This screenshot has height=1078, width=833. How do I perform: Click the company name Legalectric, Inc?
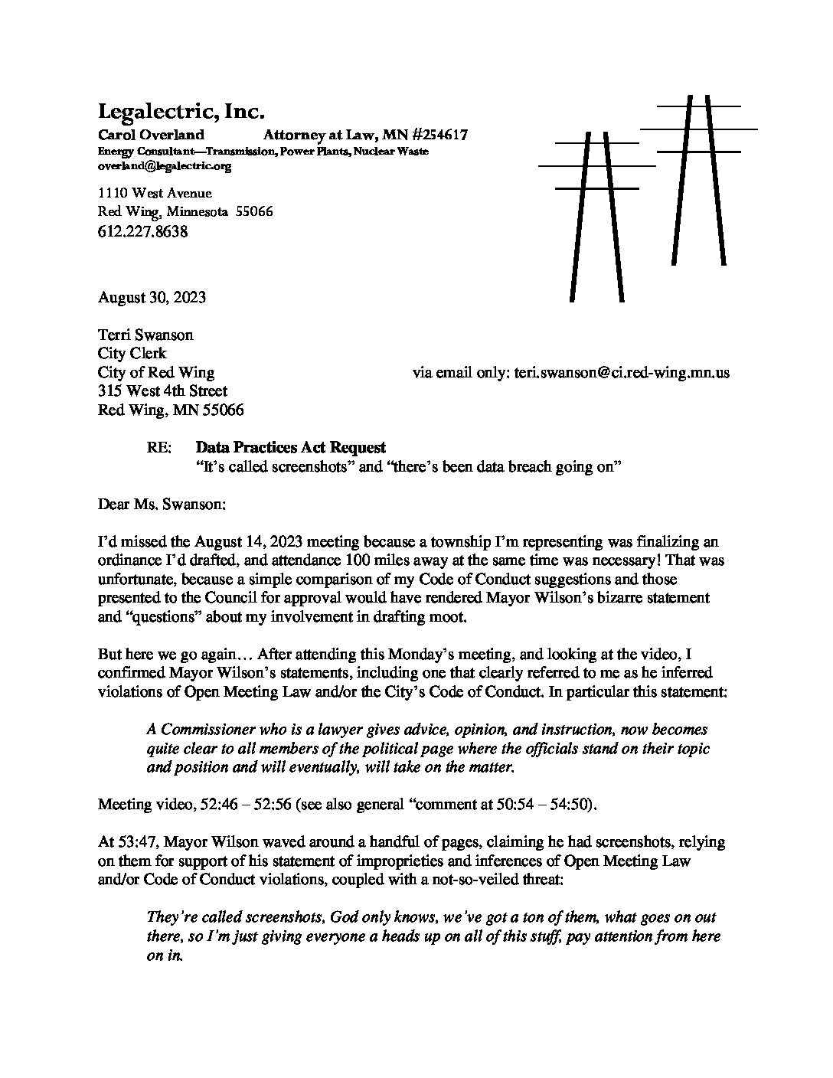(x=181, y=112)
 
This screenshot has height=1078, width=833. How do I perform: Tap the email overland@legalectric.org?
(x=164, y=165)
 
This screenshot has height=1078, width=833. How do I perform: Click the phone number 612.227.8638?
(x=143, y=230)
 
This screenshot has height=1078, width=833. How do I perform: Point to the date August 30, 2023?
(x=152, y=298)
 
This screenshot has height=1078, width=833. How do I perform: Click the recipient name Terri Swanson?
(x=145, y=335)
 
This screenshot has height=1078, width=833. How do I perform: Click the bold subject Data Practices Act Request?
(x=291, y=448)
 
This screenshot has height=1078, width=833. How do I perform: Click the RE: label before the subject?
(x=160, y=448)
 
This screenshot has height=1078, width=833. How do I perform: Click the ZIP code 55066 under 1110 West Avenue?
(x=254, y=211)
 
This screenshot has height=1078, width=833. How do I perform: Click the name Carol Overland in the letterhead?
(x=151, y=136)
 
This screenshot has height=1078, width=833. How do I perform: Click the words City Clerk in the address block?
(x=132, y=354)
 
